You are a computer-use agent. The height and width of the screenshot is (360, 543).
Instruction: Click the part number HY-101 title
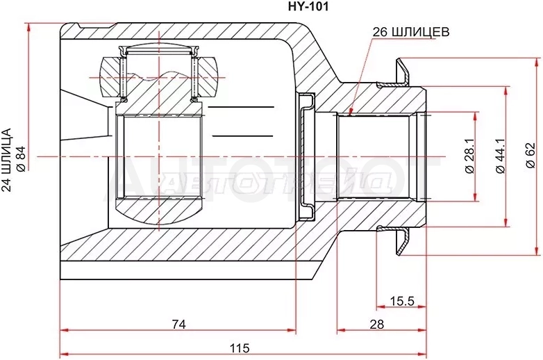coord(308,6)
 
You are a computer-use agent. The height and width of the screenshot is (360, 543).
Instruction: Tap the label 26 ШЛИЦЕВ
coord(410,32)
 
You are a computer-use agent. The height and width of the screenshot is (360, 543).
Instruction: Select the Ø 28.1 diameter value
coord(469,155)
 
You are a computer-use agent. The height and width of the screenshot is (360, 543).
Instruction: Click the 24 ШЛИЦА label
coord(6,160)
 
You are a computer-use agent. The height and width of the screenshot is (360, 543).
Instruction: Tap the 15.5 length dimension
coord(402,300)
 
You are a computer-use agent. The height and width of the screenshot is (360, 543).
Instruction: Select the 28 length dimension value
coord(377,324)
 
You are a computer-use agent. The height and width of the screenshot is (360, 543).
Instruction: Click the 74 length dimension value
coord(178,324)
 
